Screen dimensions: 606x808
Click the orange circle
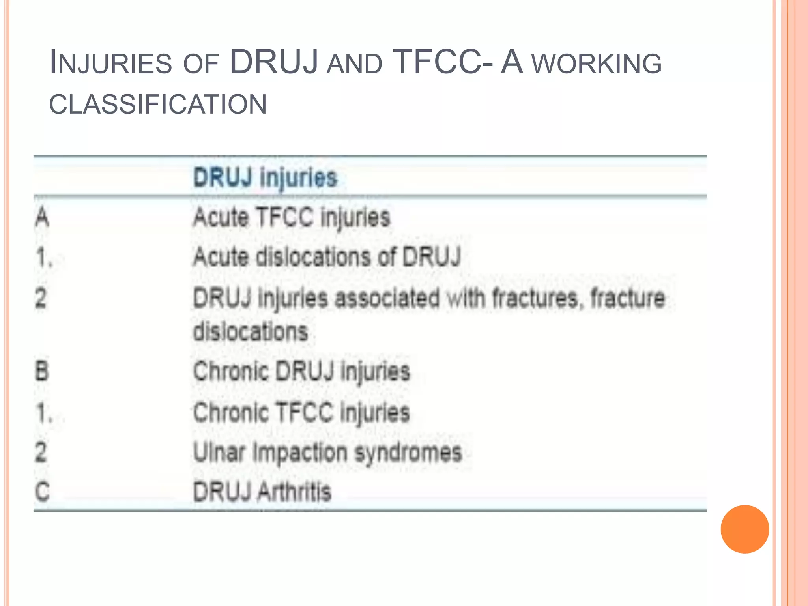coord(744,529)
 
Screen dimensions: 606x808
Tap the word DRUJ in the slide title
coord(274,62)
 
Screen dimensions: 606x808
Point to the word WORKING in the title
coord(597,64)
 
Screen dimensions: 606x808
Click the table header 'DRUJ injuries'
coord(266,178)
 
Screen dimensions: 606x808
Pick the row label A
coord(42,217)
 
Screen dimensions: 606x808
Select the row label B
coord(42,371)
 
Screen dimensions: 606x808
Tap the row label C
coord(42,492)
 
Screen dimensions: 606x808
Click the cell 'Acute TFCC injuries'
coord(292,217)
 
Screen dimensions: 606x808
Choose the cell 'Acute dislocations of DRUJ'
coord(327,257)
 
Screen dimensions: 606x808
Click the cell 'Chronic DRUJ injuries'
coord(301,371)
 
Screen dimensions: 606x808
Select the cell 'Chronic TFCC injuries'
coord(301,412)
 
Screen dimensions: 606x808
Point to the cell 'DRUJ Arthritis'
coord(262,492)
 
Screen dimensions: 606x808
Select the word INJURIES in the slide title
coord(111,63)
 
